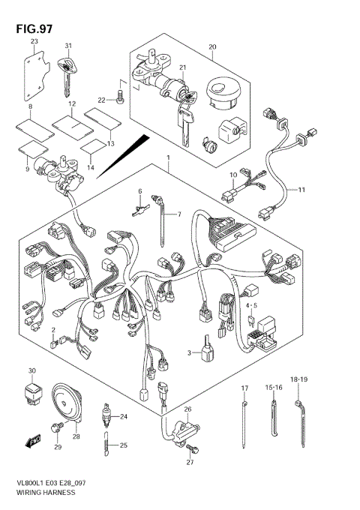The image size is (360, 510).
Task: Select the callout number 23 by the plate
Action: (34, 42)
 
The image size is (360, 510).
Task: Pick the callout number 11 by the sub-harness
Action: (301, 190)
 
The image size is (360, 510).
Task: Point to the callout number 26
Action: (187, 409)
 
